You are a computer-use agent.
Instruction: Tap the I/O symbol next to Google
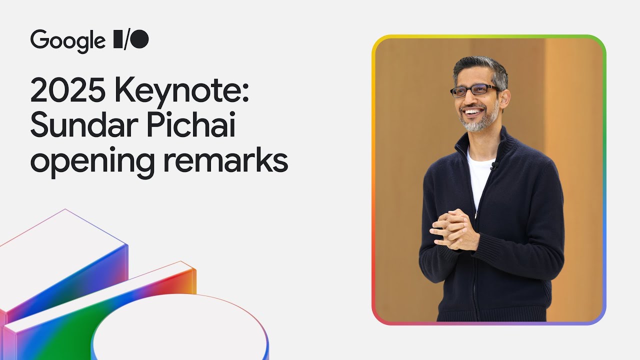point(131,39)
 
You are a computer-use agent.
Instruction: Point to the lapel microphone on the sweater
point(493,165)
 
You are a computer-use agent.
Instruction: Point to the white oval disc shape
point(180,330)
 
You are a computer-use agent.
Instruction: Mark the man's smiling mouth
point(473,111)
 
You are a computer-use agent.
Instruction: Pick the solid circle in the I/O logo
point(140,39)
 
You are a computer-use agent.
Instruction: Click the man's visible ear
point(504,96)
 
